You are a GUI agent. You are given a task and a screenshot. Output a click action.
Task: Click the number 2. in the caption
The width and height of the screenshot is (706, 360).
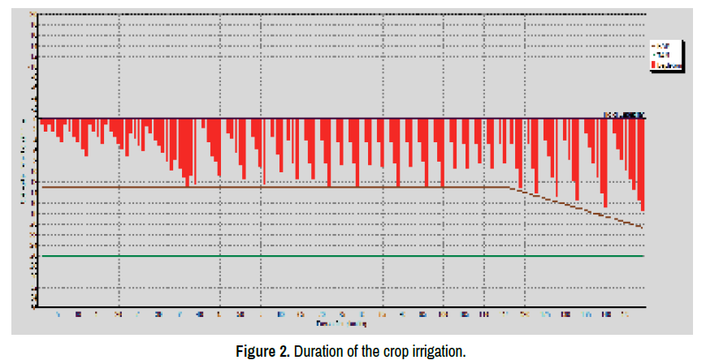(284, 352)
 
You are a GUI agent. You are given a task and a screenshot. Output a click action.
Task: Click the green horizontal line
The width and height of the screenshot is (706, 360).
(341, 256)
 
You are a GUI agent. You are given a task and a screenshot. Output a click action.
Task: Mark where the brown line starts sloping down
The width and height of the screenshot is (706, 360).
(509, 188)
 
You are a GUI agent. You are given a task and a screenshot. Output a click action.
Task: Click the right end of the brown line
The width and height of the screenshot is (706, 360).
(643, 228)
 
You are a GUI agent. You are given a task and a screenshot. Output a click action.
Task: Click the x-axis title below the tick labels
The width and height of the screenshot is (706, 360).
(340, 323)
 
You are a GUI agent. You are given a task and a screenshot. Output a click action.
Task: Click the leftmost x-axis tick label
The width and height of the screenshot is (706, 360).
(58, 313)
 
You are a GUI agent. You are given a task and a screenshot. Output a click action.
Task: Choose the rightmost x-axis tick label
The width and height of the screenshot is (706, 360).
(625, 313)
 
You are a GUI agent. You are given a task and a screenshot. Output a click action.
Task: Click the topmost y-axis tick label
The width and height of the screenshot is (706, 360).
(32, 15)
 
